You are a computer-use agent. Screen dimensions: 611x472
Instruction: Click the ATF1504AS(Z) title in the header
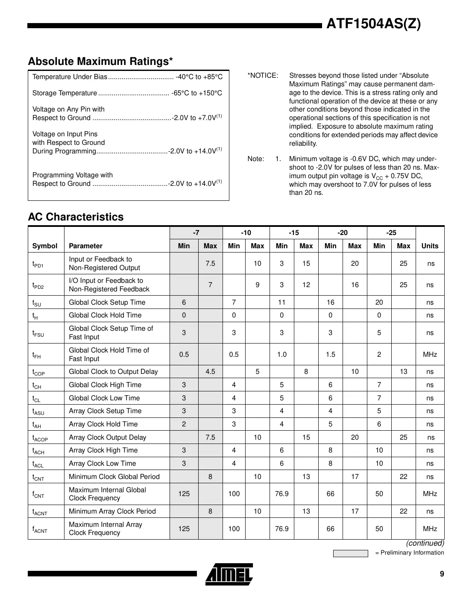tap(373, 23)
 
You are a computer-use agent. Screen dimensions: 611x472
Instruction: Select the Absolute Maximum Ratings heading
tap(100, 62)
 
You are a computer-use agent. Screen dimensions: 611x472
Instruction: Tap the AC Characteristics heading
tap(76, 217)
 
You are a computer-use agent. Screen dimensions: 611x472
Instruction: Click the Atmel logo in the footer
tap(229, 574)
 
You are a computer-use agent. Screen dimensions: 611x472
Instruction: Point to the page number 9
tap(442, 574)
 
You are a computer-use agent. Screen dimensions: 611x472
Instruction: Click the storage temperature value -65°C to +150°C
tap(196, 93)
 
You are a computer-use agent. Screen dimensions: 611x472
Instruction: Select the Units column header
tap(430, 246)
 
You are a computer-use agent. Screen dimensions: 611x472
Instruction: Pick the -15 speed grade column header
tap(294, 233)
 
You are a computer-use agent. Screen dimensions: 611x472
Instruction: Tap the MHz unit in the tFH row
tap(430, 354)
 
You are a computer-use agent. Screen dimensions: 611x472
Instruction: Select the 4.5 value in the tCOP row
tap(210, 372)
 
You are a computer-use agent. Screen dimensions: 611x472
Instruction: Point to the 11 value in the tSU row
tap(281, 302)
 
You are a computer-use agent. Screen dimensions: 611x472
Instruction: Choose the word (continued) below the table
tap(425, 543)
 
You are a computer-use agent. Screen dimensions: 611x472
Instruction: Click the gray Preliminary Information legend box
tap(350, 553)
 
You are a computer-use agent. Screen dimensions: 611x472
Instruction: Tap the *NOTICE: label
tap(263, 76)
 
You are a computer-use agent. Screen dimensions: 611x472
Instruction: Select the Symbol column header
tap(45, 246)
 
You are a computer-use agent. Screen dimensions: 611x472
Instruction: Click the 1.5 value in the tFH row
tap(330, 354)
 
